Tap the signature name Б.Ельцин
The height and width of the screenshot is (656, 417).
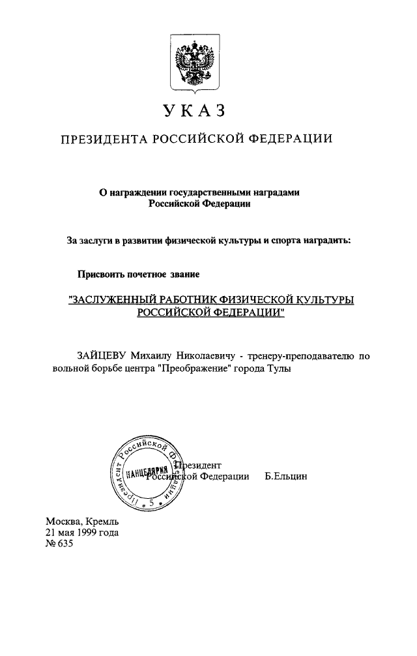pos(286,477)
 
